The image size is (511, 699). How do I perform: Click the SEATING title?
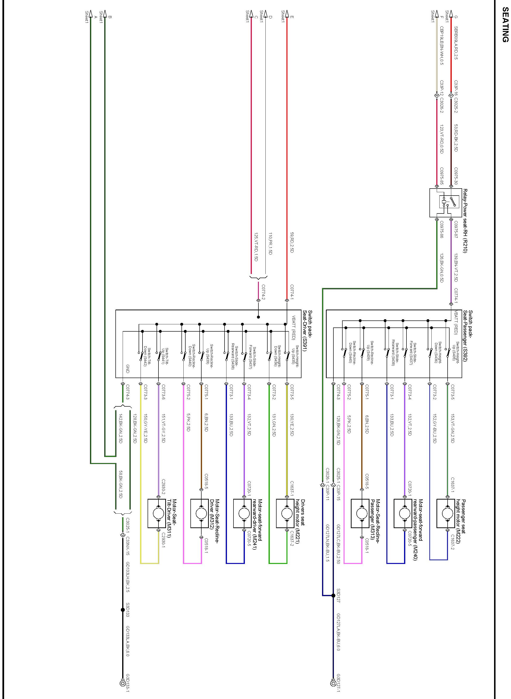tap(504, 25)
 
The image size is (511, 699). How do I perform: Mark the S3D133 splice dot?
tap(122, 610)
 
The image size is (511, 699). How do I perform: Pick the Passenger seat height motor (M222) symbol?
tap(446, 513)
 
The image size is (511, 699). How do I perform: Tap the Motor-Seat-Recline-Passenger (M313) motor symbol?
tap(360, 513)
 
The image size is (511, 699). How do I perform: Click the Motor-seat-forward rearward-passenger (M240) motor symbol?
tap(403, 513)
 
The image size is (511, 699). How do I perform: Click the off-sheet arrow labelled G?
tap(451, 14)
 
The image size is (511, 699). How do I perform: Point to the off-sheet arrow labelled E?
tap(287, 14)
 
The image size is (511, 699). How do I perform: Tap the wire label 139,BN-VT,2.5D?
tap(456, 268)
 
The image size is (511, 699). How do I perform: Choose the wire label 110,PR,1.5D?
tap(270, 243)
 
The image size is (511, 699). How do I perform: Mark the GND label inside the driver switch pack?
tap(128, 369)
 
